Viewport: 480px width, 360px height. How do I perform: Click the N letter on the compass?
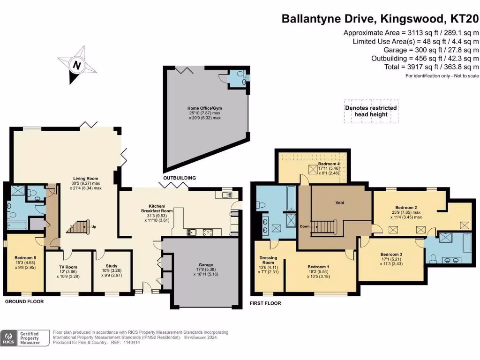77,65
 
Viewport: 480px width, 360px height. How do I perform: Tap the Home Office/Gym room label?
204,108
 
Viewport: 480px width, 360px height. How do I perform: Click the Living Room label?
86,179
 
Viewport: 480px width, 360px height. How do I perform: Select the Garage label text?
206,265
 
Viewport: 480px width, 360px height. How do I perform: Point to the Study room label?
112,266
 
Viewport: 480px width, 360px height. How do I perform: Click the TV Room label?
68,267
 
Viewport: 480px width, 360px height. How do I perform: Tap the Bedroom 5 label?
25,258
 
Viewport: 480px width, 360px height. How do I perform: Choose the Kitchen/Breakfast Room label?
157,209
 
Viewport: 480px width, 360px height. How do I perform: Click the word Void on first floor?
340,202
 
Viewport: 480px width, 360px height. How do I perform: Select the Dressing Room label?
268,260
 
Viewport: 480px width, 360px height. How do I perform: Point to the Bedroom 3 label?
391,255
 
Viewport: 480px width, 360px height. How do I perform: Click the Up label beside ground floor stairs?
94,227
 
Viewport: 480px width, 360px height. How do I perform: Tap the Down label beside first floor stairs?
305,226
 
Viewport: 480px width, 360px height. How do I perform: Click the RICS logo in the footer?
8,338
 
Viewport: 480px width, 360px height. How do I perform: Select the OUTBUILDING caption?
180,178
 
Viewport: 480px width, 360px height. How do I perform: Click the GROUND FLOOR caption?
24,301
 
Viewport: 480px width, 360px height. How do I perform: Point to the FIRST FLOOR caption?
265,303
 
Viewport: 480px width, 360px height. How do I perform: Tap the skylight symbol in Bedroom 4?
313,170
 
